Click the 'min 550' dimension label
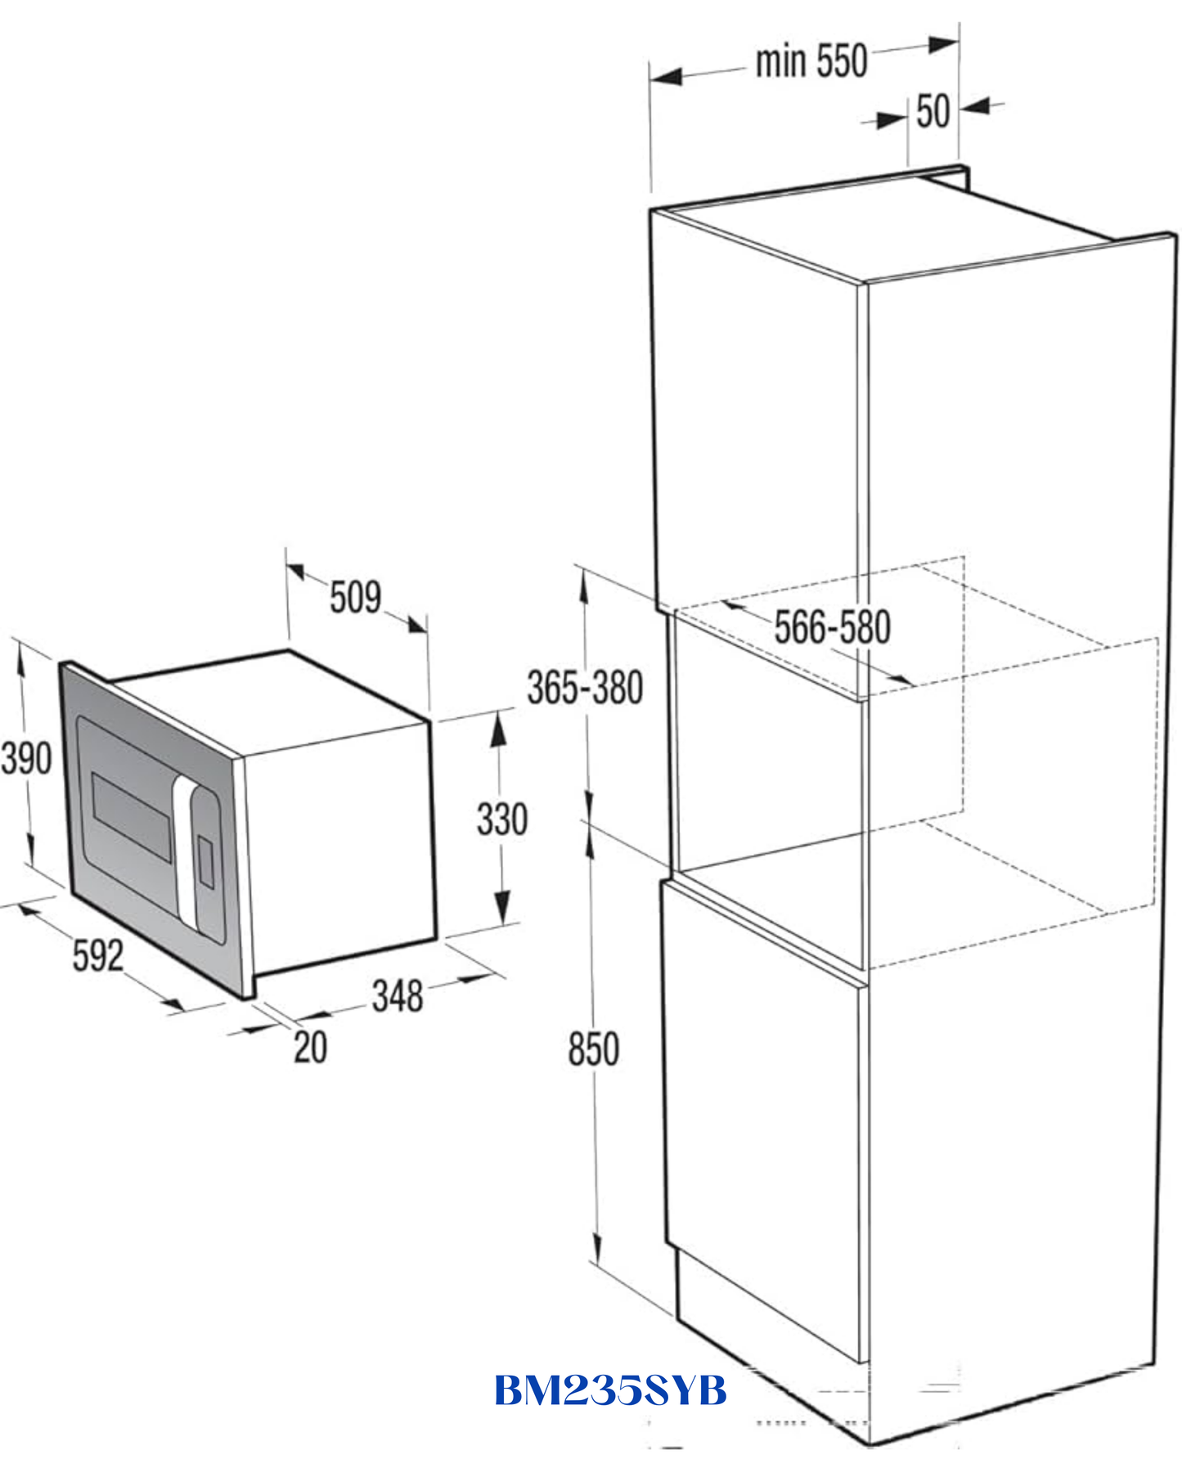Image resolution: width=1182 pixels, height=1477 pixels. click(x=811, y=61)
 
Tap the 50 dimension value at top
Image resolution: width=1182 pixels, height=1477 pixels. click(x=933, y=111)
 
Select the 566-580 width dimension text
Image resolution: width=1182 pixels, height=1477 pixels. click(x=832, y=627)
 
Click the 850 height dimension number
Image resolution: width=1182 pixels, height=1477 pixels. click(x=594, y=1048)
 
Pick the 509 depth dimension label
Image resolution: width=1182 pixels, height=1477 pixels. click(x=356, y=596)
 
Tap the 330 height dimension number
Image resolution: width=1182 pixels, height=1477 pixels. click(x=502, y=819)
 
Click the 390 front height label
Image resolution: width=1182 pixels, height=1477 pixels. click(x=26, y=757)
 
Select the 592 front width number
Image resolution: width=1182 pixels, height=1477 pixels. click(x=98, y=954)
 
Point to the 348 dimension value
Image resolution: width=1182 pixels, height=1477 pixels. click(x=398, y=995)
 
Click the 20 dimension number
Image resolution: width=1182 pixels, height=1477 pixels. click(x=310, y=1047)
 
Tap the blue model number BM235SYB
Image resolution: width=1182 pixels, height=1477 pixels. click(x=610, y=1389)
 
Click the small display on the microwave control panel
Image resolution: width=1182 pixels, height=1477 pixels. click(x=206, y=860)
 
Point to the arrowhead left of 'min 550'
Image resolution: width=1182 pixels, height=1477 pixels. click(x=666, y=77)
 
